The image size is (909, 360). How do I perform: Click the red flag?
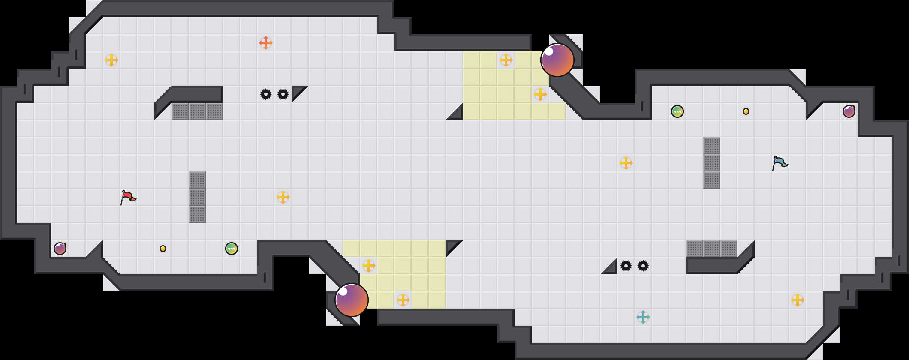click(128, 197)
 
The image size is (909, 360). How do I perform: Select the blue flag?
click(780, 163)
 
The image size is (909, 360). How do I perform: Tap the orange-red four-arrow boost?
click(266, 43)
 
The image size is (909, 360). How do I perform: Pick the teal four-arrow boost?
click(643, 317)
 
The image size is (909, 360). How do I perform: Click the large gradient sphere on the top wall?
click(557, 60)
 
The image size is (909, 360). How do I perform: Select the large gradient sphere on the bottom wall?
click(352, 300)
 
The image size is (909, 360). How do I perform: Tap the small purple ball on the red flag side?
click(60, 249)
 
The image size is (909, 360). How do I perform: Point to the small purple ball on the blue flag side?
click(849, 111)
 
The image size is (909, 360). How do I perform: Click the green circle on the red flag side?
click(232, 249)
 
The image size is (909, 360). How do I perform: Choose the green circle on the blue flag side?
click(677, 111)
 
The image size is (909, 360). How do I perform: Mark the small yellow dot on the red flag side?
click(163, 249)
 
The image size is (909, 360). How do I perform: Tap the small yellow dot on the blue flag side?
click(746, 111)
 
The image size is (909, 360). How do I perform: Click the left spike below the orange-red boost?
click(266, 94)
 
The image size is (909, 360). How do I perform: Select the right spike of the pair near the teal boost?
click(643, 266)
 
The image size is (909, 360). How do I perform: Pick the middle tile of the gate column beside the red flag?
click(197, 197)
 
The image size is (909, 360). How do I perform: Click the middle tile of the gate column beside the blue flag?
click(712, 163)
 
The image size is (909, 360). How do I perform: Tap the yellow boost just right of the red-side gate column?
click(283, 197)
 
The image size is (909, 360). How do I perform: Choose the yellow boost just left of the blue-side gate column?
click(626, 163)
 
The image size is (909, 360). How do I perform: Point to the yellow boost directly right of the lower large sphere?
click(403, 300)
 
